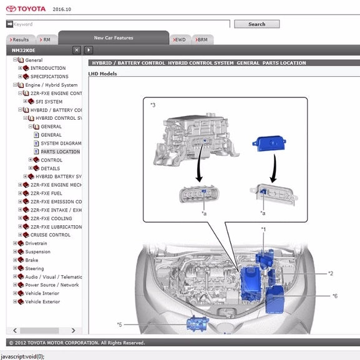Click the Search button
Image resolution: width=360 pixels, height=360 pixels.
click(x=256, y=24)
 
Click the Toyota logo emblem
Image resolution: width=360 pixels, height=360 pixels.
click(x=11, y=9)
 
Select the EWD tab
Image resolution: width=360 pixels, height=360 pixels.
click(x=180, y=39)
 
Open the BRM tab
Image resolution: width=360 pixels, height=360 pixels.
click(x=203, y=39)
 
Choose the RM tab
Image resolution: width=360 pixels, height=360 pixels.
click(x=47, y=39)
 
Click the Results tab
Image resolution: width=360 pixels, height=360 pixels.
click(x=21, y=39)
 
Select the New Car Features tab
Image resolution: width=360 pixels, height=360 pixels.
click(x=114, y=37)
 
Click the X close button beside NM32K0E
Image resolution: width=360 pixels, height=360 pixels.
click(x=77, y=50)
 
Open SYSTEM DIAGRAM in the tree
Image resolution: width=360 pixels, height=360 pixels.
click(x=61, y=144)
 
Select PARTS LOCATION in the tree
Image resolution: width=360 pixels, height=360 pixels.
click(x=60, y=152)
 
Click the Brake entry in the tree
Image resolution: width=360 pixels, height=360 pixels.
click(x=32, y=260)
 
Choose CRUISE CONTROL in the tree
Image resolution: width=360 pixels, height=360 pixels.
click(x=51, y=235)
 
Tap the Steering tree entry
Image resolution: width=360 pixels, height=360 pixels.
click(x=34, y=268)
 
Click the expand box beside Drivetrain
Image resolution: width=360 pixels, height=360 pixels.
click(x=15, y=243)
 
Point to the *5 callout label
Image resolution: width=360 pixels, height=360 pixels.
click(x=120, y=324)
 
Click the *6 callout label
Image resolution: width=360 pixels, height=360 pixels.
click(x=335, y=296)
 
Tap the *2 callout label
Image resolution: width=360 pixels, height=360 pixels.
click(x=331, y=273)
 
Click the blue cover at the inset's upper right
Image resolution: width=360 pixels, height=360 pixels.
click(x=270, y=144)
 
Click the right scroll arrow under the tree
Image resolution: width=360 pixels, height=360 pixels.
click(x=73, y=331)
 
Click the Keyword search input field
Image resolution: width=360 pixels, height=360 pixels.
click(x=122, y=24)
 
